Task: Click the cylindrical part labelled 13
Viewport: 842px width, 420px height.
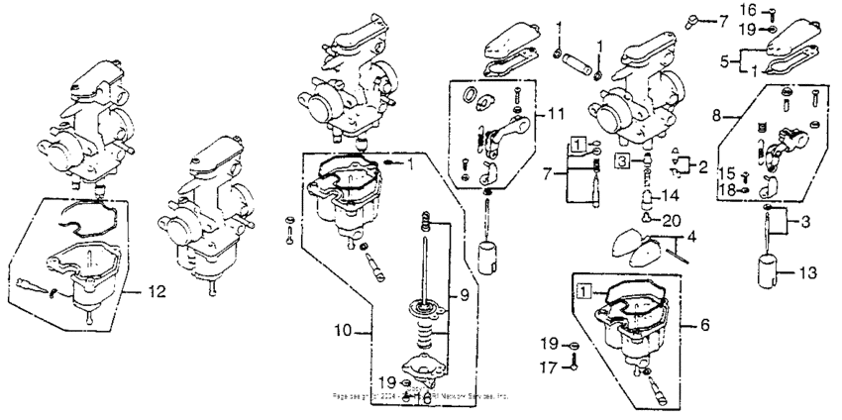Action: [x=767, y=270]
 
